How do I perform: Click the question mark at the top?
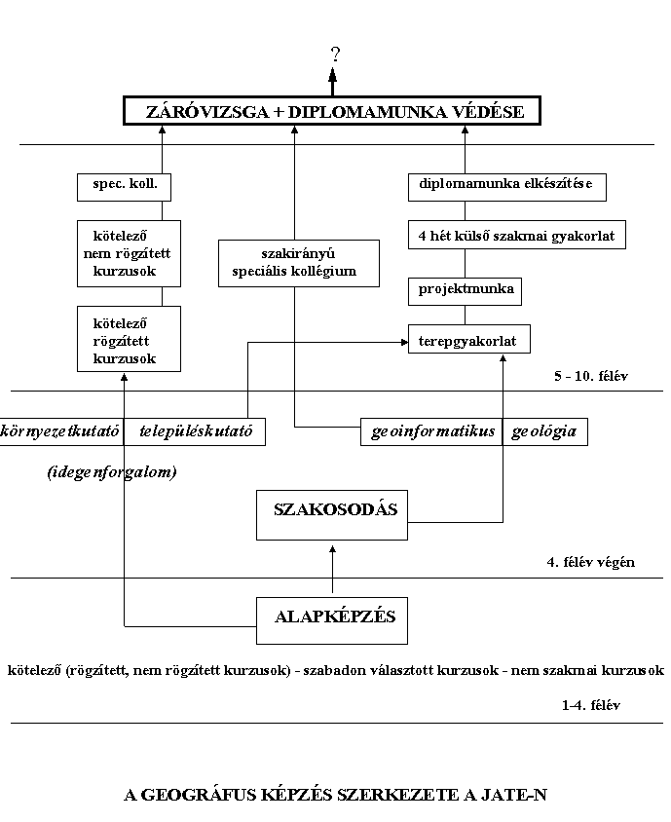point(335,54)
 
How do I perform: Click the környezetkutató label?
point(59,431)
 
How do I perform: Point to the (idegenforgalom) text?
point(112,472)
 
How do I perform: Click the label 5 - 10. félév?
point(591,376)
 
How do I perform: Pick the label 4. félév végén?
point(591,563)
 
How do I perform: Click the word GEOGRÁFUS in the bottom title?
point(199,795)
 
